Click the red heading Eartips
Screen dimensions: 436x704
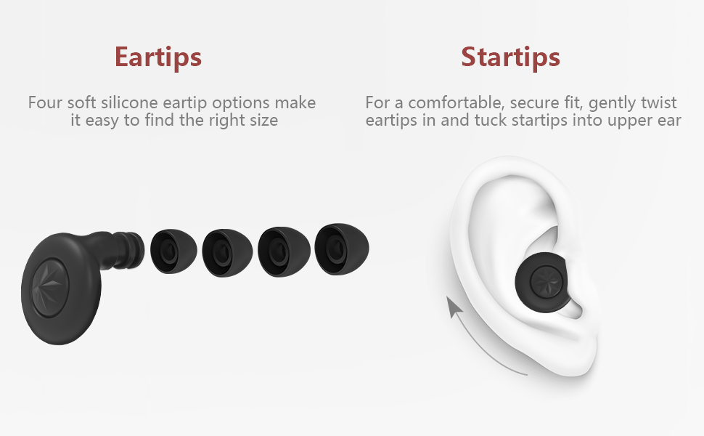(x=157, y=57)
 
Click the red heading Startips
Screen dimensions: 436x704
(x=510, y=57)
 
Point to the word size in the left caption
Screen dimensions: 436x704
(x=262, y=121)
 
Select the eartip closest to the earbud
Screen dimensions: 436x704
(x=175, y=251)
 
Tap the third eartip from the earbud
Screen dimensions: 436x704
(x=284, y=250)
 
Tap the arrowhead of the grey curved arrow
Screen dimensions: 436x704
(x=454, y=308)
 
